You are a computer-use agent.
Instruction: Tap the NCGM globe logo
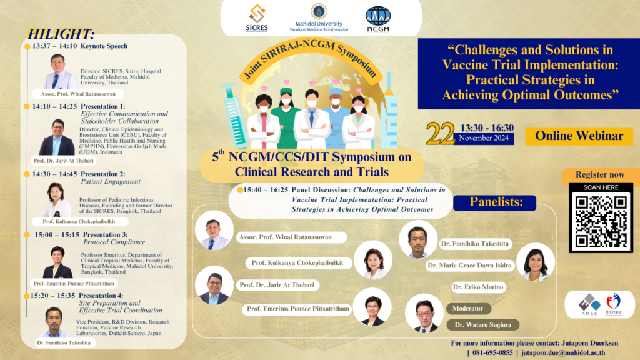tap(379, 17)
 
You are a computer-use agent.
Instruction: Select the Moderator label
tap(468, 308)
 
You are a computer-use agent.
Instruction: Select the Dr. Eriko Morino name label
tap(478, 287)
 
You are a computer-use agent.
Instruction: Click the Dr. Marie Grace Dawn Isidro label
tap(469, 266)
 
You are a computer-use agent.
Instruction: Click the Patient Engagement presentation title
tap(111, 181)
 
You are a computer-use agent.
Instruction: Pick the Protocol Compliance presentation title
tap(113, 242)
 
